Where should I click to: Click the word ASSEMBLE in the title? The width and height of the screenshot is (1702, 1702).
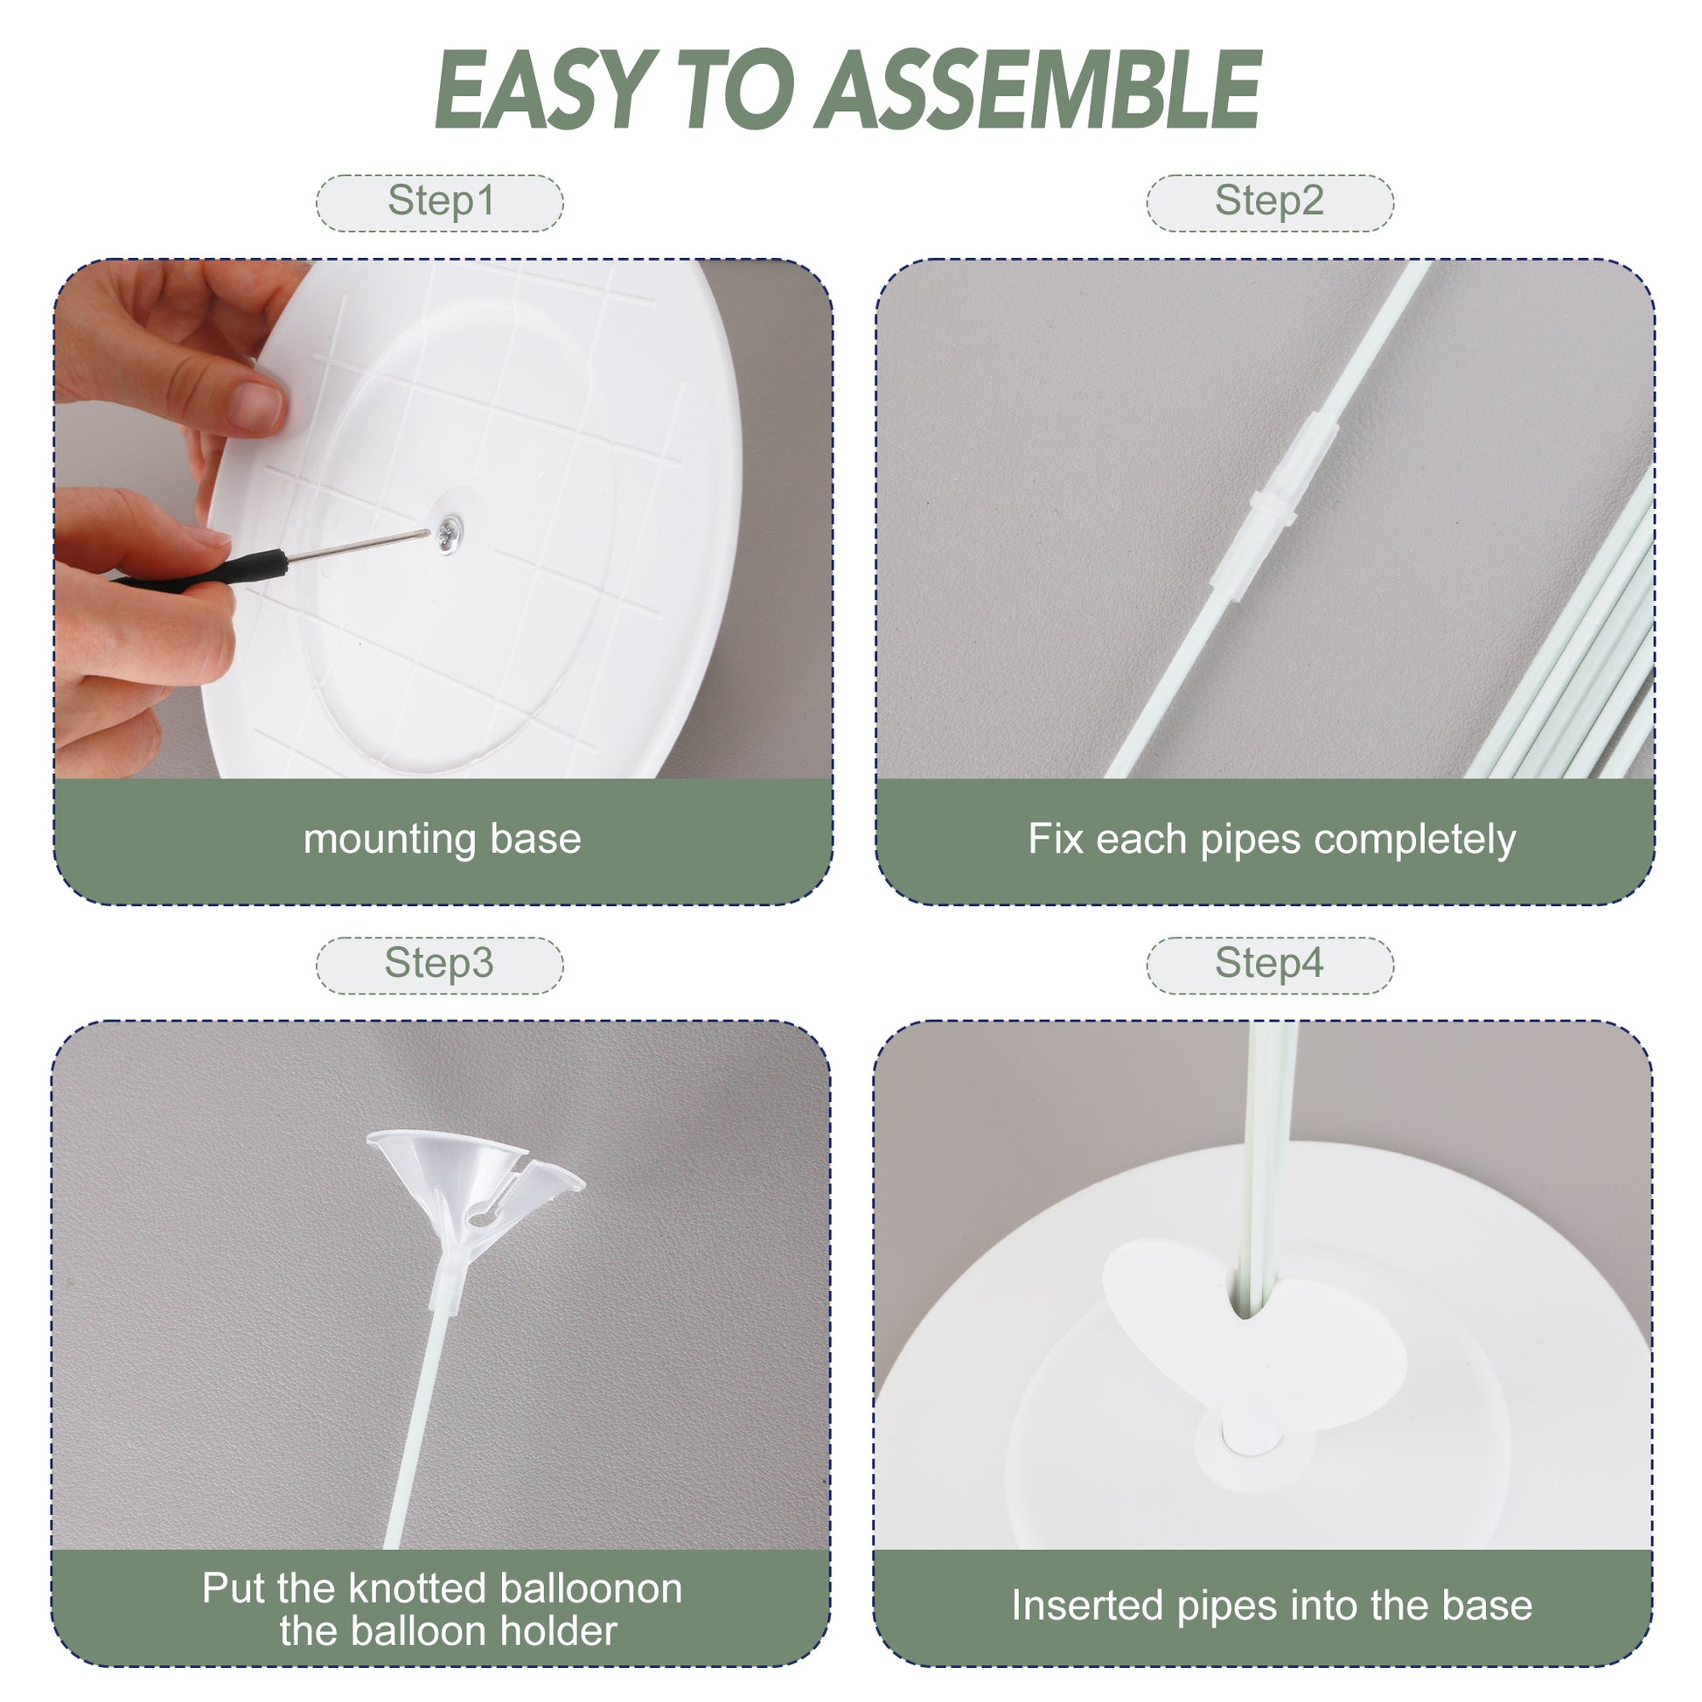click(1040, 90)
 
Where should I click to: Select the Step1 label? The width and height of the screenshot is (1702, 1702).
click(441, 202)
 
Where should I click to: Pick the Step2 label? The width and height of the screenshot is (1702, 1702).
click(1269, 202)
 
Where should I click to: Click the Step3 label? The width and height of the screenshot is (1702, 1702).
click(439, 964)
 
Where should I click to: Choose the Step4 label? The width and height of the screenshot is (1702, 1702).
click(1269, 964)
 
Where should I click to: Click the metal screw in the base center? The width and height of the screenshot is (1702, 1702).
click(449, 532)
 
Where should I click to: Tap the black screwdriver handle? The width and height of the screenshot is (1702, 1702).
click(202, 570)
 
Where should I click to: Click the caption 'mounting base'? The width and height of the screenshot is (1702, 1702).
click(443, 840)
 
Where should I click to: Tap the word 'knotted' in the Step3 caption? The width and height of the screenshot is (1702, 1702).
click(418, 1588)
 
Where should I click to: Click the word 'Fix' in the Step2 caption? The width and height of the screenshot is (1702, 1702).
click(1057, 838)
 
